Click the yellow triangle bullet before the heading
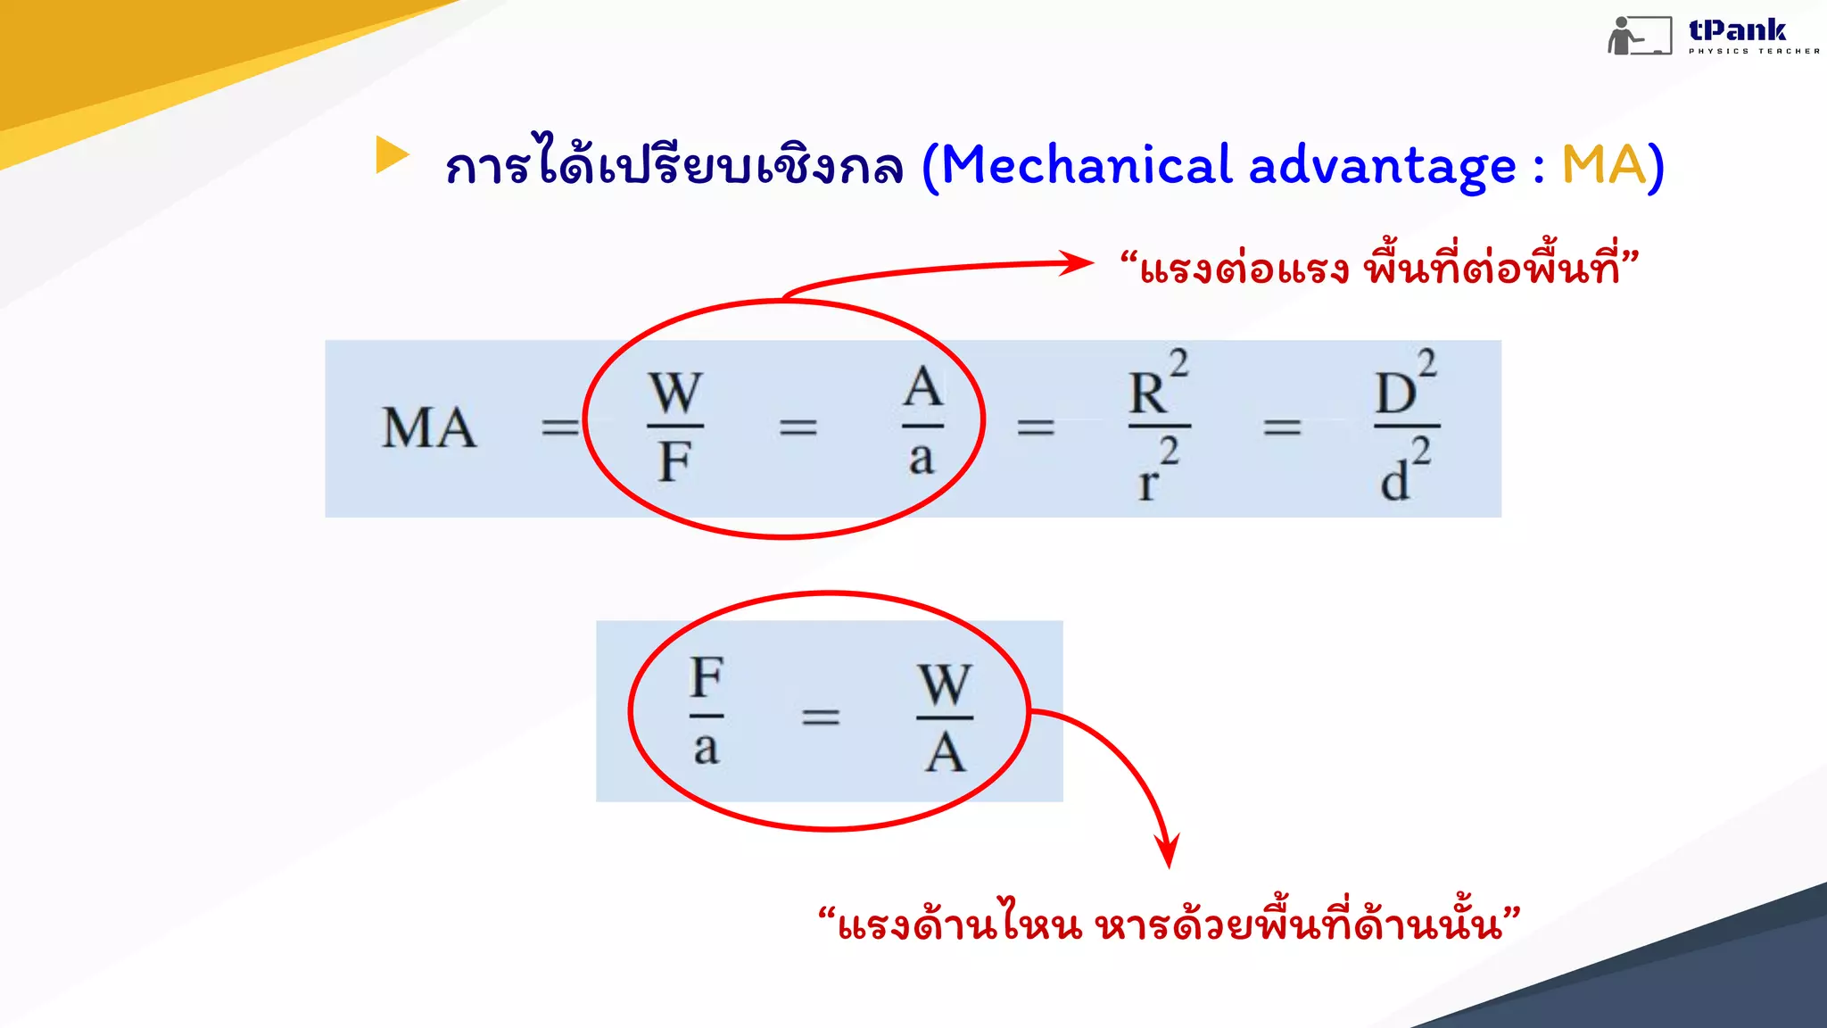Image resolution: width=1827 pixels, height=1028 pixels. click(x=391, y=154)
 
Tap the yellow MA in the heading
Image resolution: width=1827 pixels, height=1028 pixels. click(x=1603, y=166)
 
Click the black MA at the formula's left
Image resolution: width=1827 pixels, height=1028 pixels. click(x=428, y=427)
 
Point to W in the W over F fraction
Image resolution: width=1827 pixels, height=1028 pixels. click(x=675, y=393)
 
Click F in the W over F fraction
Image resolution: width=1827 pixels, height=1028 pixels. click(x=674, y=461)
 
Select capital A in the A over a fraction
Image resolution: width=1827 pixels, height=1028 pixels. click(x=922, y=387)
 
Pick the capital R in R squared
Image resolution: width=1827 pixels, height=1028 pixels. click(x=1147, y=394)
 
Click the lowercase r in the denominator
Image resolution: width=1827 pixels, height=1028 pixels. click(x=1147, y=484)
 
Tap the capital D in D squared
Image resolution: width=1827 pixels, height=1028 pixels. click(x=1394, y=394)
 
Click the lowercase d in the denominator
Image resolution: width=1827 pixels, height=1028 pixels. click(x=1394, y=482)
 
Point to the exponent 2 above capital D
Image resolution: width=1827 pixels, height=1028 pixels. click(x=1427, y=363)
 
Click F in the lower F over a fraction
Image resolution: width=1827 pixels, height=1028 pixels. click(x=707, y=678)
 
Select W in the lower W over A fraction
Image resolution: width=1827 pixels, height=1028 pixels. click(x=945, y=684)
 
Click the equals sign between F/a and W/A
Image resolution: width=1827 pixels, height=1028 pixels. click(x=821, y=716)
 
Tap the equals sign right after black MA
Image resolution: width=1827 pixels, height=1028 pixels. click(x=560, y=427)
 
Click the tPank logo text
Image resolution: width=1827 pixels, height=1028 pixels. click(x=1737, y=31)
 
